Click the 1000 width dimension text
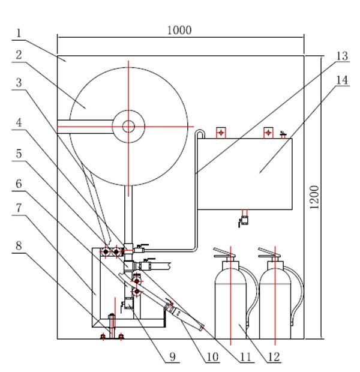[x=179, y=30]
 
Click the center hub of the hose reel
[x=128, y=126]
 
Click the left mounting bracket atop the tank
[x=221, y=132]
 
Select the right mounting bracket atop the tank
[x=268, y=132]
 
